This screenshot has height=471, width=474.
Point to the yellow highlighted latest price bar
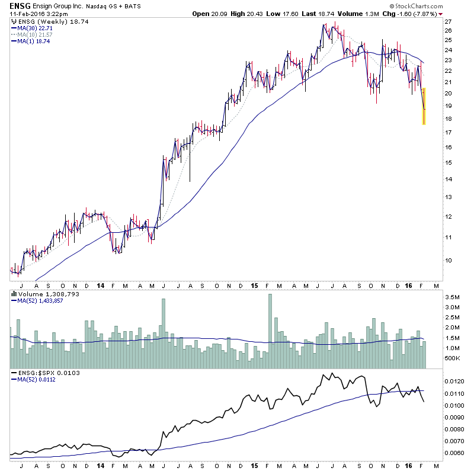(424, 106)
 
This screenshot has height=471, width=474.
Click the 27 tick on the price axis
(448, 21)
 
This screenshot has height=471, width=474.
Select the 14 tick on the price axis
(448, 179)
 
